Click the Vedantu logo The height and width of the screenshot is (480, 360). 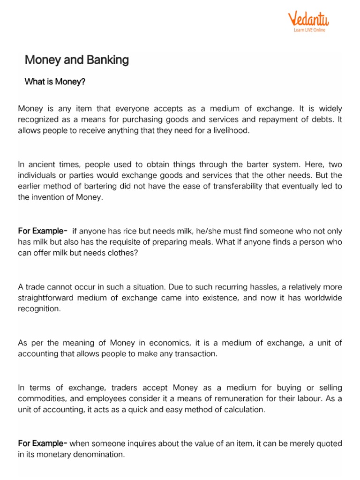pos(308,19)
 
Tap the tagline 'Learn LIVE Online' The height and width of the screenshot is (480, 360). pos(309,30)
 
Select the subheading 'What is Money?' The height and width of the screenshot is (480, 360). pos(55,82)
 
